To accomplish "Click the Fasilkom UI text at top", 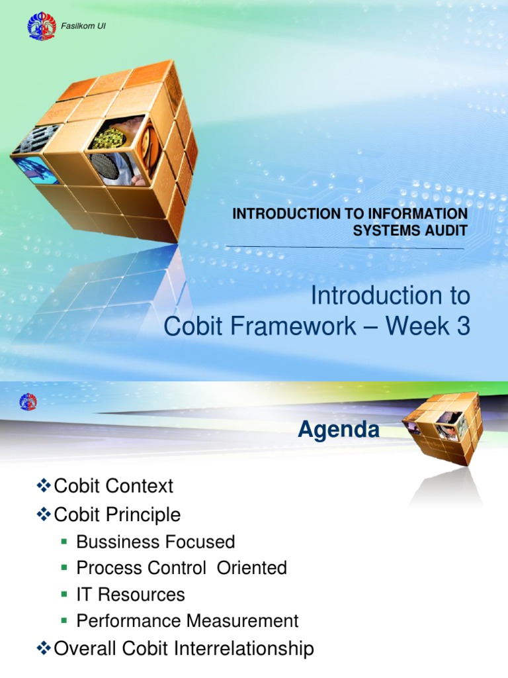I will [83, 26].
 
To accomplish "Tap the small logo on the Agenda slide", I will [28, 401].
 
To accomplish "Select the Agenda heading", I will [338, 430].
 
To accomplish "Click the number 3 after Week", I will [462, 328].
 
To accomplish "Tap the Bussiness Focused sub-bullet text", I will [155, 542].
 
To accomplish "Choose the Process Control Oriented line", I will [181, 568].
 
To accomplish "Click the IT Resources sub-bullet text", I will [130, 595].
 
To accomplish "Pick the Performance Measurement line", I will [187, 621].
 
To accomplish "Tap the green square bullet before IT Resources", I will [64, 595].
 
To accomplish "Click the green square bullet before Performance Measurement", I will [64, 621].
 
